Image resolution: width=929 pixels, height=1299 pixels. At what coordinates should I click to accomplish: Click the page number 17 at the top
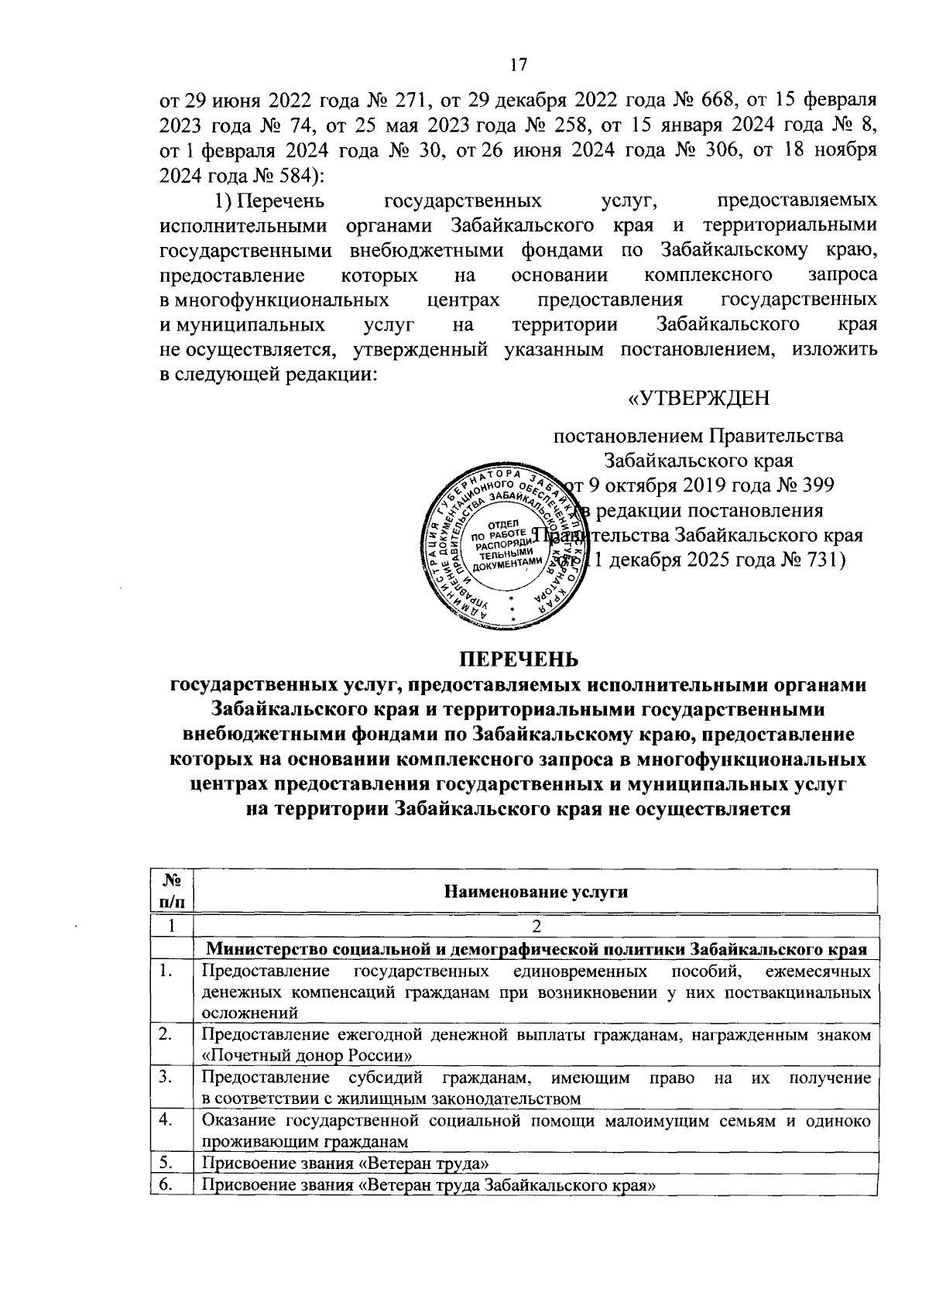coord(518,65)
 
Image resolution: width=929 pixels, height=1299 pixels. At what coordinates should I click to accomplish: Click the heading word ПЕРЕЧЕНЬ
coord(518,659)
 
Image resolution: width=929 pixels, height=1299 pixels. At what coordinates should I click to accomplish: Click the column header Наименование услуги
coord(534,891)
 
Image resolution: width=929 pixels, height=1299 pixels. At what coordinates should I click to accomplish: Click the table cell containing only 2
coord(534,927)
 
